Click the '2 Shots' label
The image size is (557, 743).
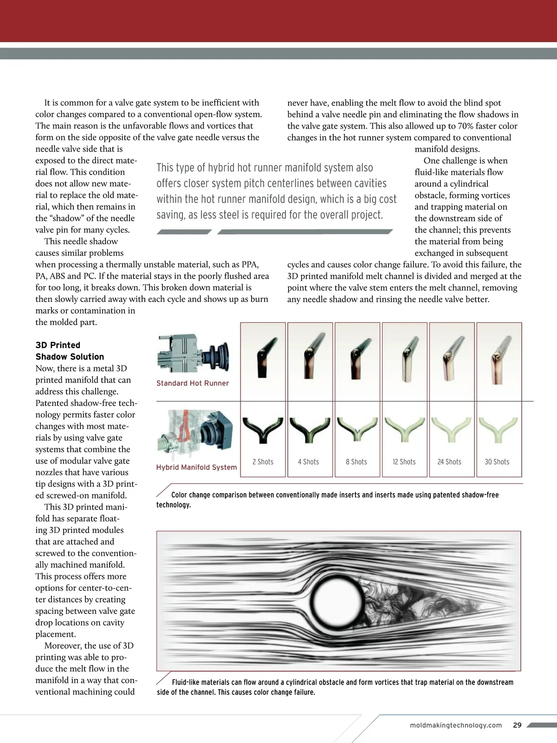263,462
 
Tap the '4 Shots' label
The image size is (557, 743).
308,462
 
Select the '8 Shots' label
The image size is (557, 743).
356,462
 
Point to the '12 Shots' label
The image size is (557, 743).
404,462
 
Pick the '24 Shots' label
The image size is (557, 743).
449,462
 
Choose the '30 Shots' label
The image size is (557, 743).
497,462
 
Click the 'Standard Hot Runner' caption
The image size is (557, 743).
193,383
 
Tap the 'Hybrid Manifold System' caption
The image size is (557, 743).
196,467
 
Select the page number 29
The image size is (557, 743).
518,725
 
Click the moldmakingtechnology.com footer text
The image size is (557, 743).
456,725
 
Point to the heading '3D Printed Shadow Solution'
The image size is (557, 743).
70,351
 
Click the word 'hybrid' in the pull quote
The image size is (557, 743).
222,168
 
